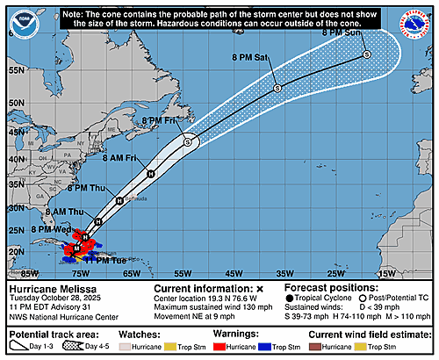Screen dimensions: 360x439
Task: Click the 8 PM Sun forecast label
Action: tap(342, 33)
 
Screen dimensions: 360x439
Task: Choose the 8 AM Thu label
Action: tap(67, 212)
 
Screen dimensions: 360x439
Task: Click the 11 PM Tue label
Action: tap(104, 259)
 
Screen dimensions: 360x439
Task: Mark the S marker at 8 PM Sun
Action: tap(366, 55)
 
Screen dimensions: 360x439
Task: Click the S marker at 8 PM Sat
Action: tap(277, 88)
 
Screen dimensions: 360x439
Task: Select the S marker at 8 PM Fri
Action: tap(188, 141)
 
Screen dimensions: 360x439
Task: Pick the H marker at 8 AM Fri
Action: tap(150, 173)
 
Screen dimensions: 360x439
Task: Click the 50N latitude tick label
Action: tap(14, 100)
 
